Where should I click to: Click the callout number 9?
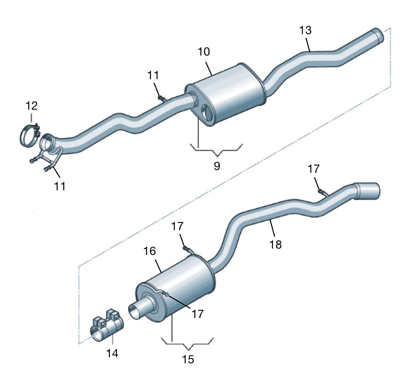pos(217,166)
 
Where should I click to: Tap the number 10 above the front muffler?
pos(204,52)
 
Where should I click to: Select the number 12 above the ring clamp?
pos(31,106)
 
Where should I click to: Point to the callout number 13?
pos(305,30)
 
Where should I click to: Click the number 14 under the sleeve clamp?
pos(112,353)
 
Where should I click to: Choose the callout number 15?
pos(188,359)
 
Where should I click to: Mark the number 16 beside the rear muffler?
pos(150,251)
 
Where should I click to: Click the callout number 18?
pos(275,244)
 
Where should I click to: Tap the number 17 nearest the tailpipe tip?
pos(314,169)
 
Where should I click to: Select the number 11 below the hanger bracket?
pos(60,186)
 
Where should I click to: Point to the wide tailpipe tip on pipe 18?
pos(367,191)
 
